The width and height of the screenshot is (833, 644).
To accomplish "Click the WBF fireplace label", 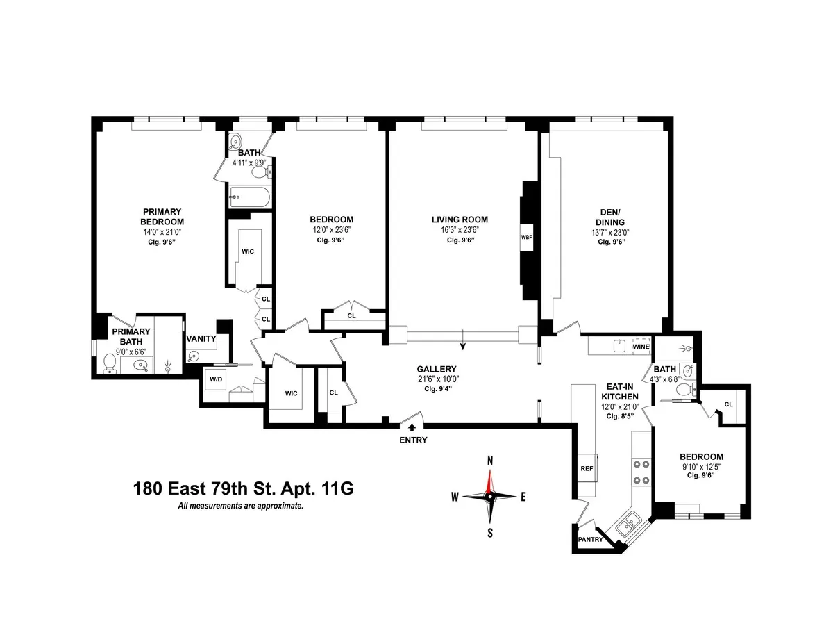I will (526, 237).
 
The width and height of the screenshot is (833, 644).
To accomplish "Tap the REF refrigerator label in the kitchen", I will (587, 468).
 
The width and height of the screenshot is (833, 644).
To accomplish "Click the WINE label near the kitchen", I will (641, 346).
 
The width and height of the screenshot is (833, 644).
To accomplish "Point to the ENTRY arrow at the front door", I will (412, 428).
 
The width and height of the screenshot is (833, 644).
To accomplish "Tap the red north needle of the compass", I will (490, 480).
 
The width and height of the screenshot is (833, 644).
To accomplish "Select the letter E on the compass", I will (523, 496).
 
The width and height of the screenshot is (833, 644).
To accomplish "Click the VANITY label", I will (201, 339).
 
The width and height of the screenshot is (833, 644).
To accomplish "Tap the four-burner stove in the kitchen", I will (641, 472).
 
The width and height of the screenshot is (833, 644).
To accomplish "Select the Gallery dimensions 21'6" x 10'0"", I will (437, 379).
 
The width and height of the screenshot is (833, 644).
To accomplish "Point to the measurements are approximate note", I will (241, 506).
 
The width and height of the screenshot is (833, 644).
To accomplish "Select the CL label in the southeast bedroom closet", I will (728, 404).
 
